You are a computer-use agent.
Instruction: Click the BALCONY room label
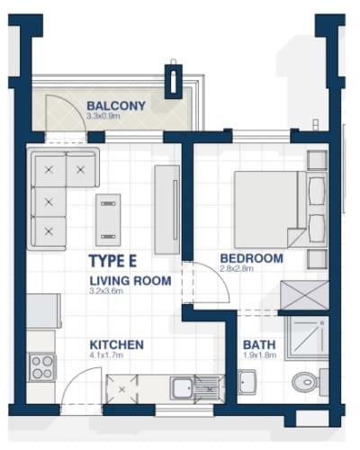116,106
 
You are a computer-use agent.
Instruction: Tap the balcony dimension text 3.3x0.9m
103,116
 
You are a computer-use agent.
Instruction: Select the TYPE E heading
112,261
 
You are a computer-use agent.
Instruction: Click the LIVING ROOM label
130,281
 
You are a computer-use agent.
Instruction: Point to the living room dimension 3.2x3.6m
106,291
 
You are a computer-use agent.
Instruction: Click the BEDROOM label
252,258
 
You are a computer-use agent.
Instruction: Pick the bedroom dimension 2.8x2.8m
237,268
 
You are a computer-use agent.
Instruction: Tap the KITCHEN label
117,345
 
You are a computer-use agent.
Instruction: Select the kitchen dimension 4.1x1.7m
106,355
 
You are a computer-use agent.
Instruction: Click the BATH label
259,345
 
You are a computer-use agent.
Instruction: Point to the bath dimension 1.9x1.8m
259,355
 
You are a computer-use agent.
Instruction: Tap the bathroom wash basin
247,382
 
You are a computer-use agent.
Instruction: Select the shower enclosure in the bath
307,337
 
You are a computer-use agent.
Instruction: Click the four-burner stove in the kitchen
42,367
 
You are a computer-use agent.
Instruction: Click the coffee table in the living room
108,220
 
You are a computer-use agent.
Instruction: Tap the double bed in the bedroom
270,210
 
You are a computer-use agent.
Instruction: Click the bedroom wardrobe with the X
304,295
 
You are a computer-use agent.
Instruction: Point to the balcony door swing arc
74,105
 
